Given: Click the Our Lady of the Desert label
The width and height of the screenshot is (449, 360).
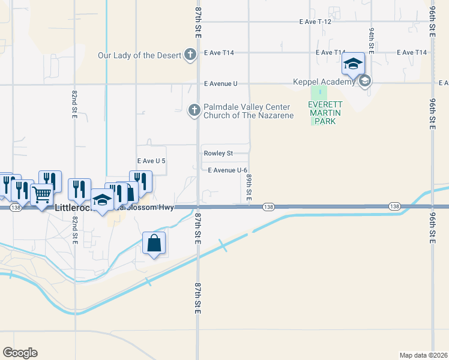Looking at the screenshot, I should click(139, 56).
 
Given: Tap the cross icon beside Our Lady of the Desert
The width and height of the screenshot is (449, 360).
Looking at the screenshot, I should click(190, 55).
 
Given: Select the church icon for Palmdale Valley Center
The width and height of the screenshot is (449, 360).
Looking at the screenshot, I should click(194, 110).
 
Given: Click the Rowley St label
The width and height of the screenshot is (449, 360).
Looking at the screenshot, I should click(217, 154).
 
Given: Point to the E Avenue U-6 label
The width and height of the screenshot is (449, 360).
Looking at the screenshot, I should click(228, 170).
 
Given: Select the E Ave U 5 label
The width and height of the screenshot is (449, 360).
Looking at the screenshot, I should click(151, 161).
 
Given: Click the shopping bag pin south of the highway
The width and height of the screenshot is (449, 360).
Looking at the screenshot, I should click(154, 243).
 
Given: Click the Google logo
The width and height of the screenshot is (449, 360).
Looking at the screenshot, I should click(20, 353).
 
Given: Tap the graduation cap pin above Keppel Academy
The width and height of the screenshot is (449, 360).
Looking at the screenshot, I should click(354, 63).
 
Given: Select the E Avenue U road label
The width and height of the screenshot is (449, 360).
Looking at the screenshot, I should click(220, 83).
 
